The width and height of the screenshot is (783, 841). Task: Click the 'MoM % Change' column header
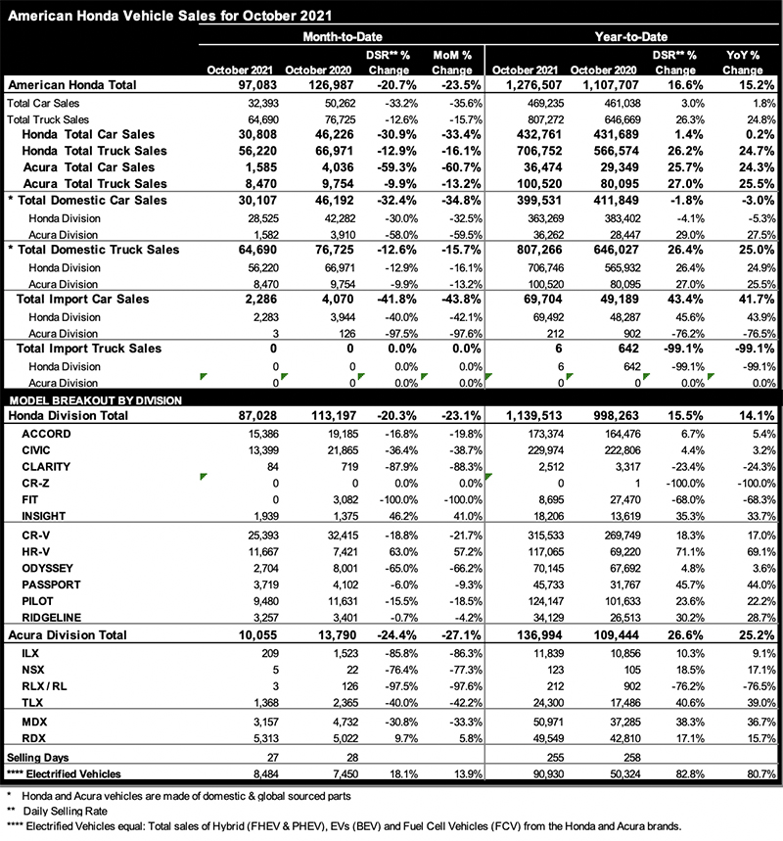pos(451,63)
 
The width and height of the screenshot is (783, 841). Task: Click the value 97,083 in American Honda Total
pos(250,85)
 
